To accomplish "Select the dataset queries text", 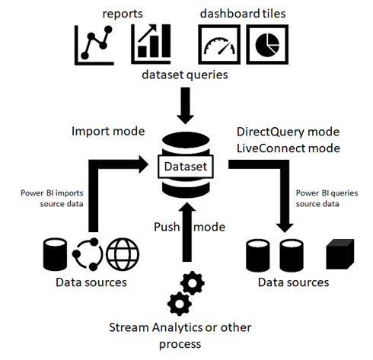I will pos(184,76).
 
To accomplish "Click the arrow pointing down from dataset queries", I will pos(185,106).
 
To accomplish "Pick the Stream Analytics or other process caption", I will pos(185,336).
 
